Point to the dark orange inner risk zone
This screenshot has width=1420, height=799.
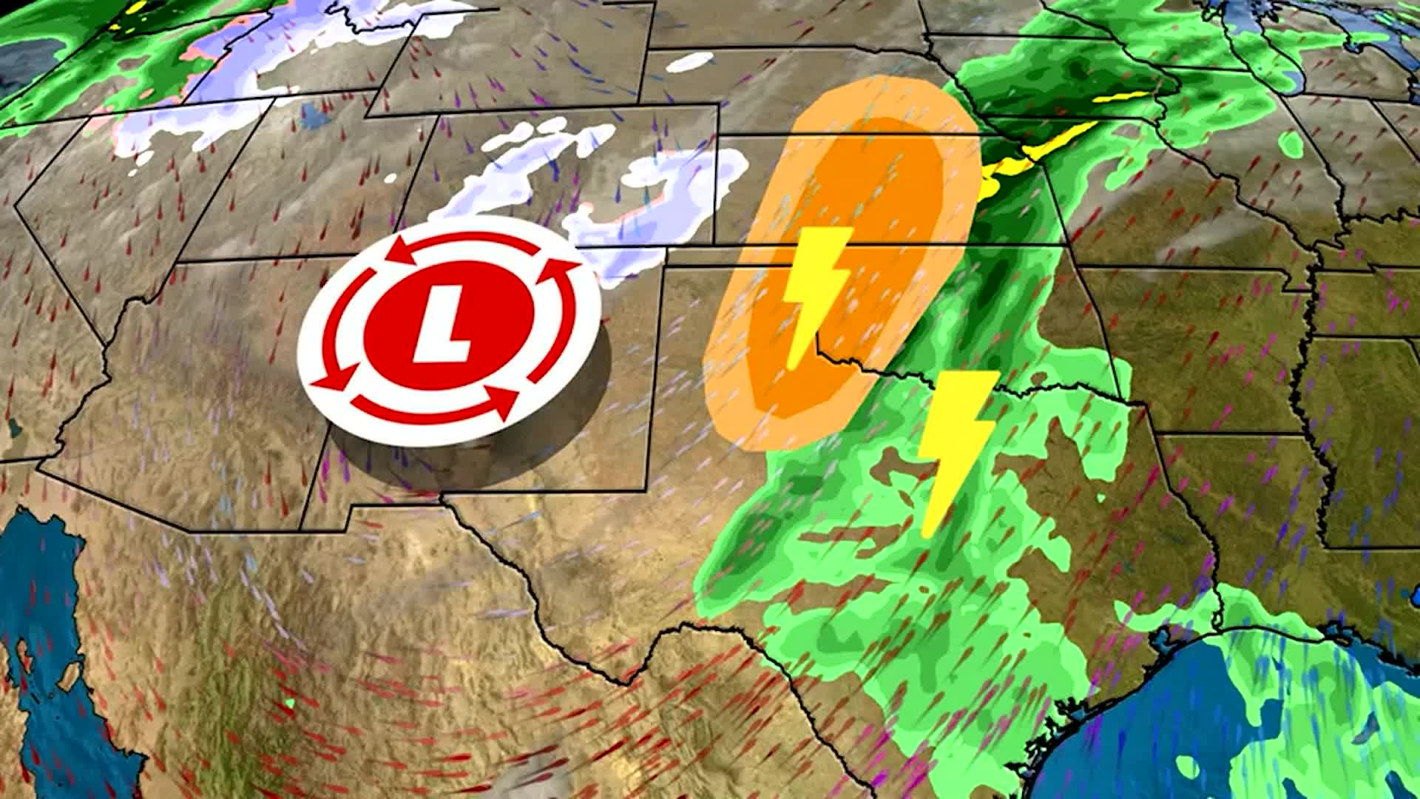click(851, 244)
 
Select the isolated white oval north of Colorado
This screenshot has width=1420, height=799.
click(689, 62)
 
